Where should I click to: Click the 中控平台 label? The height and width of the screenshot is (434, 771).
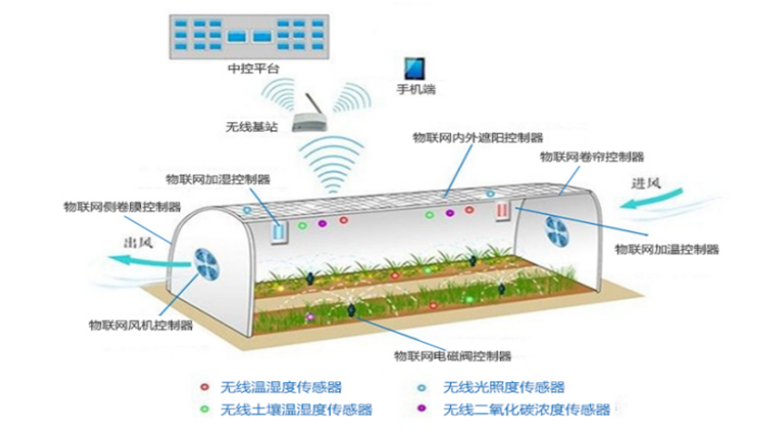tap(254, 69)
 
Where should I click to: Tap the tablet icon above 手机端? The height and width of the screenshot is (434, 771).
tap(415, 69)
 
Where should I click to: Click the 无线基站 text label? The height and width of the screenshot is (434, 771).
tap(252, 127)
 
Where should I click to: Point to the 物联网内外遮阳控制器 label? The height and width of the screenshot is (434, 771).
tap(478, 138)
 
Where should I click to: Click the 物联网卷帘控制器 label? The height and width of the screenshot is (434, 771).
tap(592, 157)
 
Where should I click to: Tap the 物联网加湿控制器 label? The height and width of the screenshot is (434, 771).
tap(218, 179)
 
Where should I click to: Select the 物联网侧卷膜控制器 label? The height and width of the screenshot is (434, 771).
tap(122, 207)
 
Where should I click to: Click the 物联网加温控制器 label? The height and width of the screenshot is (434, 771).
tap(667, 249)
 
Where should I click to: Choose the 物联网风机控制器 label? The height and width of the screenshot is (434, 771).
tap(141, 325)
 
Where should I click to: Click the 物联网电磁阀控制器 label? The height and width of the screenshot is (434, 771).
tap(452, 356)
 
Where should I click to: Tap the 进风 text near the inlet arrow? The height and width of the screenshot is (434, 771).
tap(646, 183)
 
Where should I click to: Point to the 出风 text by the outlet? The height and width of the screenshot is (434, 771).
tap(138, 243)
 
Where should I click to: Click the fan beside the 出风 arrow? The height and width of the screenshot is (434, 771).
tap(207, 265)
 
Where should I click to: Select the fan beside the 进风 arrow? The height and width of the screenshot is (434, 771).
tap(556, 231)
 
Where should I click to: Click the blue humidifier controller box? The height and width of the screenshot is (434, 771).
tap(279, 233)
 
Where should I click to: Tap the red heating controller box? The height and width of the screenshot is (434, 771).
tap(502, 210)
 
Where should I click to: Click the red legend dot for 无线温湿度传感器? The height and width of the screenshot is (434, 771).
tap(205, 387)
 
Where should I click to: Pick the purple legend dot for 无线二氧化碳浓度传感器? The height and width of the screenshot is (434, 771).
tap(422, 409)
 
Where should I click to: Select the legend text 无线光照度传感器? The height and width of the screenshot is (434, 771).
tap(504, 387)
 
